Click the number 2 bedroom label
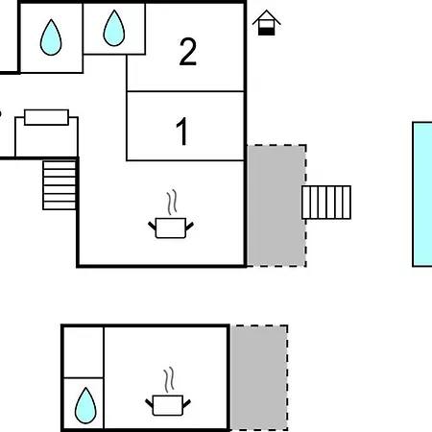click(188, 52)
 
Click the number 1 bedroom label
click(182, 132)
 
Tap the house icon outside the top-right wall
click(267, 22)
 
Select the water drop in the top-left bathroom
click(51, 37)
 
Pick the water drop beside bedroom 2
click(114, 28)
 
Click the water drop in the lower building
click(85, 405)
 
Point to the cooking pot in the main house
click(171, 228)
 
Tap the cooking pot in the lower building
click(168, 405)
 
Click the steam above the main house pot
click(172, 202)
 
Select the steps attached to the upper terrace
click(326, 203)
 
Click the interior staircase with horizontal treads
click(60, 185)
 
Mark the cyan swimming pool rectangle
click(422, 194)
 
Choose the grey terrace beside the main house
click(276, 205)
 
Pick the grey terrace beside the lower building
click(259, 377)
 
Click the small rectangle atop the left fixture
click(46, 117)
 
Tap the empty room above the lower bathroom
click(84, 352)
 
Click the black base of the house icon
click(267, 32)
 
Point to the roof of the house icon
click(267, 17)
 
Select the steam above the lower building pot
click(169, 379)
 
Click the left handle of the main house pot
click(152, 226)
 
